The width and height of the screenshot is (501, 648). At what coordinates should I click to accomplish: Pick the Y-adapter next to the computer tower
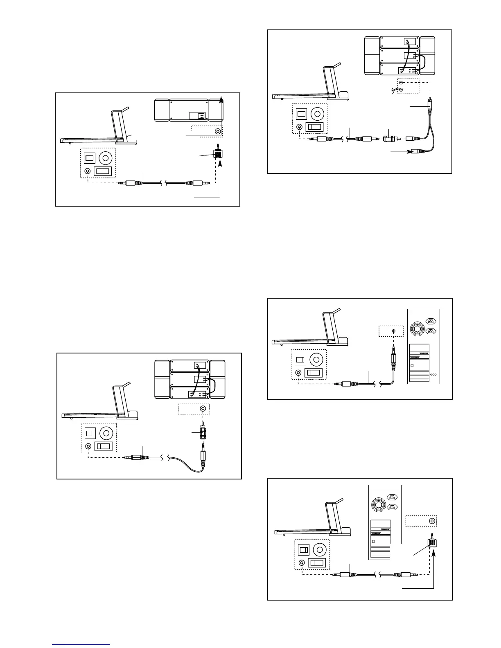coord(432,543)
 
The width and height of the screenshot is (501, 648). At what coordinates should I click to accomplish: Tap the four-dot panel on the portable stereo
coord(201,116)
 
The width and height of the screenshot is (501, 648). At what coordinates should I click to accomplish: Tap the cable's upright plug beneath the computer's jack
coord(394,355)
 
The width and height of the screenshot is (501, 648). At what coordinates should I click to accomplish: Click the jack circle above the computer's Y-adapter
coord(432,521)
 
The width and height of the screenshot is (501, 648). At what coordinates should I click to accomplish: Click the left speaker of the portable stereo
coord(162,110)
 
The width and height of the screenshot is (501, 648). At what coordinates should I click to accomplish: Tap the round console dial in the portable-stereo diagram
coord(106,158)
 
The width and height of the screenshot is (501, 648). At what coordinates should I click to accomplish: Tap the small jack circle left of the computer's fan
coord(394,331)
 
